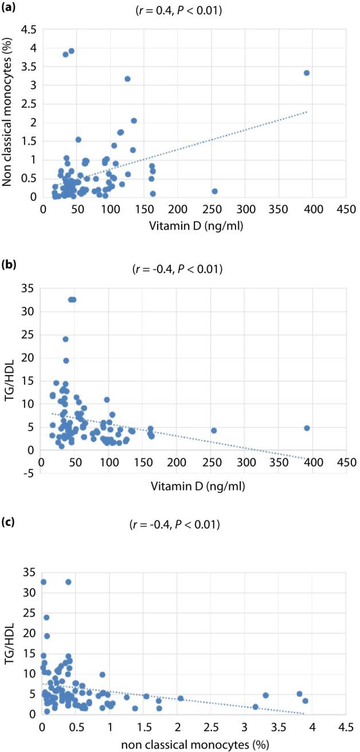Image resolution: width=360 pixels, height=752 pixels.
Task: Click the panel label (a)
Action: (x=10, y=9)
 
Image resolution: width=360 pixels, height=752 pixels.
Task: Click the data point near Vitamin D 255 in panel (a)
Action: (x=214, y=191)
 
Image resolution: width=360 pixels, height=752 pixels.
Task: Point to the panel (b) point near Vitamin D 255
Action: (x=214, y=430)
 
